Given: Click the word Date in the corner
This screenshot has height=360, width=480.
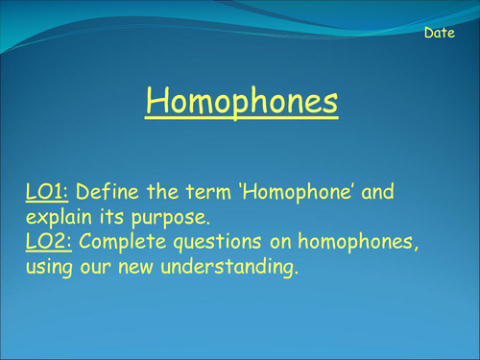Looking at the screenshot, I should (440, 34).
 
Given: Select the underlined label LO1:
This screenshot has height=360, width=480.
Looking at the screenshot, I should (45, 192).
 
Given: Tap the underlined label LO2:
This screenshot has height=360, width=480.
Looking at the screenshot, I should (46, 243).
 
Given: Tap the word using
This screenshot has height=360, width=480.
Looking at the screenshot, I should (50, 270).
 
